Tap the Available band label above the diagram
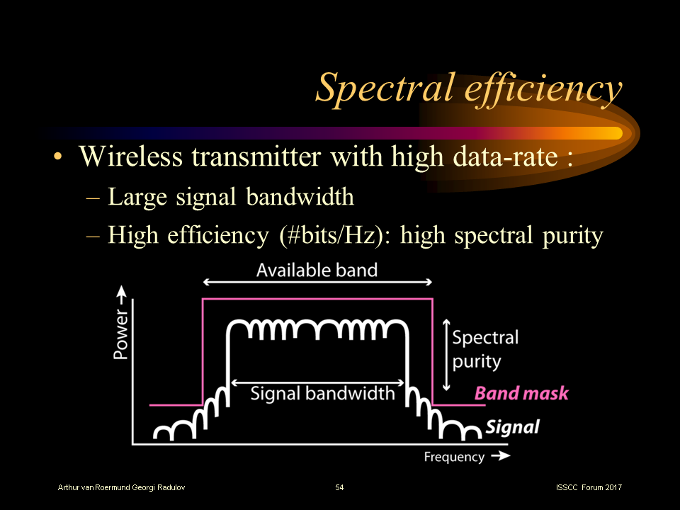[x=317, y=270]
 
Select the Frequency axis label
[x=454, y=457]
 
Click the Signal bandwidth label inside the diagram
[x=322, y=392]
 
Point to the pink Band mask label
[x=521, y=393]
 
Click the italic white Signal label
[x=512, y=427]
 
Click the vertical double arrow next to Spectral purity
[x=446, y=354]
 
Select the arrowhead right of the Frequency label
[x=500, y=456]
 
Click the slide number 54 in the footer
[x=339, y=487]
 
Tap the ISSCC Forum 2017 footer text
[x=589, y=487]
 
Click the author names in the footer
[x=122, y=487]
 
